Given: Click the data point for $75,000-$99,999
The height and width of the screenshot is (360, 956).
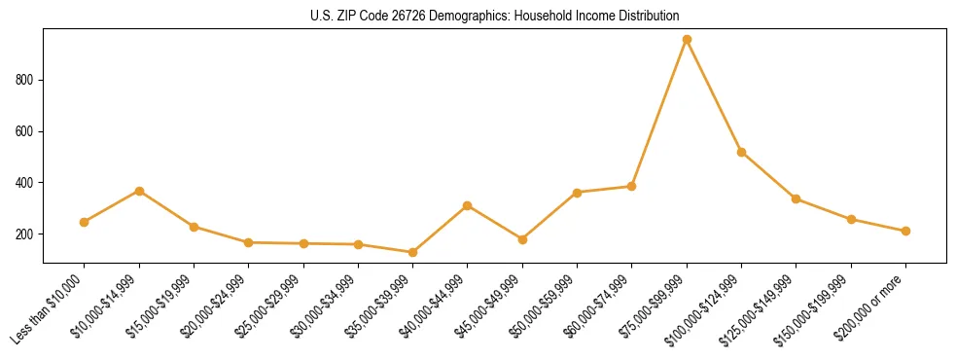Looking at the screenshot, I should pos(687,40).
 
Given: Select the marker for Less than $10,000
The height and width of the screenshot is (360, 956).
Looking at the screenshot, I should pos(85,222).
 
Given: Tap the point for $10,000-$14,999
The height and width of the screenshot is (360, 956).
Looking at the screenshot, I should pos(139,191).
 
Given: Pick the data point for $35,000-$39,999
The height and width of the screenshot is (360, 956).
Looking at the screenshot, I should pos(413,252).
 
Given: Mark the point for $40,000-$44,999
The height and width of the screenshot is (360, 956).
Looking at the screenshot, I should pos(468,205).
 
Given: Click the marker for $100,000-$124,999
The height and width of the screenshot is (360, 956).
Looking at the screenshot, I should pos(742,152).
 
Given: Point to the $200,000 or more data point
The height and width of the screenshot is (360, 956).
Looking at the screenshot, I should pos(905,231).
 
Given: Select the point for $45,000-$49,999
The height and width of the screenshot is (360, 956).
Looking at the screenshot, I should pos(522,239).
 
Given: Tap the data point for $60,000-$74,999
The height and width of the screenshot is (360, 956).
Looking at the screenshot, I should pos(632,186).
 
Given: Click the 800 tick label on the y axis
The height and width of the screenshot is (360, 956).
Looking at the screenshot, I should pos(26,80).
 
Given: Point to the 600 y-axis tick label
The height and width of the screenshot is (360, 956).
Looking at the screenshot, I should pos(26,131).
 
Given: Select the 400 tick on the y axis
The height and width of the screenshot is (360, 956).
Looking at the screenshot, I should pos(26,183).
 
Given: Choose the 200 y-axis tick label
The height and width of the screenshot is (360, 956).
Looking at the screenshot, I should pos(26,234).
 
